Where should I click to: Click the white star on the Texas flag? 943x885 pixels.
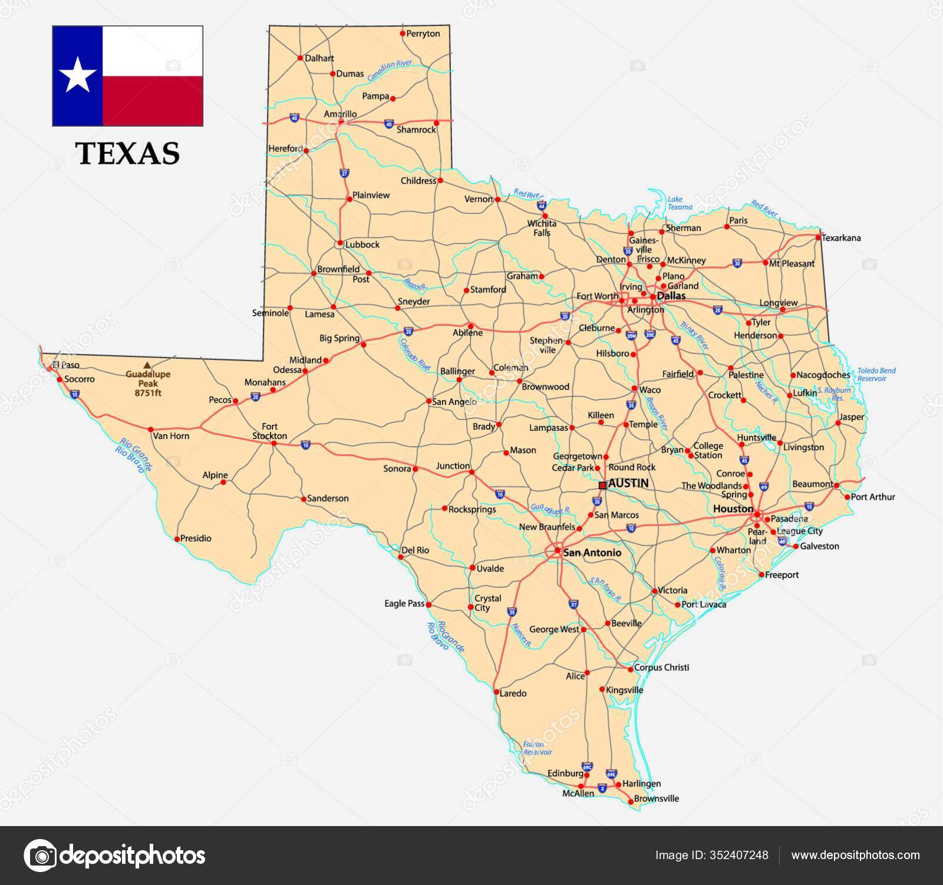click(77, 76)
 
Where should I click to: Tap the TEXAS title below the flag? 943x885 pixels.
click(128, 153)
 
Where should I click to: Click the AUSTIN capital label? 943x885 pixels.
click(628, 483)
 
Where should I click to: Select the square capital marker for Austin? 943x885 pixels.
click(602, 485)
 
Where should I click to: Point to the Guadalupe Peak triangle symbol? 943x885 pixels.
click(147, 365)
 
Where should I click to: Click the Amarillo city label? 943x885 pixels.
click(340, 114)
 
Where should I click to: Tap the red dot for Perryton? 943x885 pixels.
click(403, 34)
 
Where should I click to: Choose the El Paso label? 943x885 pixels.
click(65, 365)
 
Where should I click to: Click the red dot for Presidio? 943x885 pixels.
click(177, 539)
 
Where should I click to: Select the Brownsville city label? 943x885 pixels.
click(657, 799)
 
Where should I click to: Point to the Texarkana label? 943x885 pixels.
click(841, 238)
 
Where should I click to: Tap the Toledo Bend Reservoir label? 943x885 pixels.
click(876, 374)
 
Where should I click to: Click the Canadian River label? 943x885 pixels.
click(390, 71)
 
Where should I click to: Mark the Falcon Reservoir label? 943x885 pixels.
click(537, 748)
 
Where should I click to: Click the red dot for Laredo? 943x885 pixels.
click(496, 692)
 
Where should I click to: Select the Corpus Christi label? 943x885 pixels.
click(661, 668)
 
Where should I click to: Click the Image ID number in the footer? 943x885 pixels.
click(741, 855)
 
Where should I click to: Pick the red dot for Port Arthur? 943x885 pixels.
click(848, 497)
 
